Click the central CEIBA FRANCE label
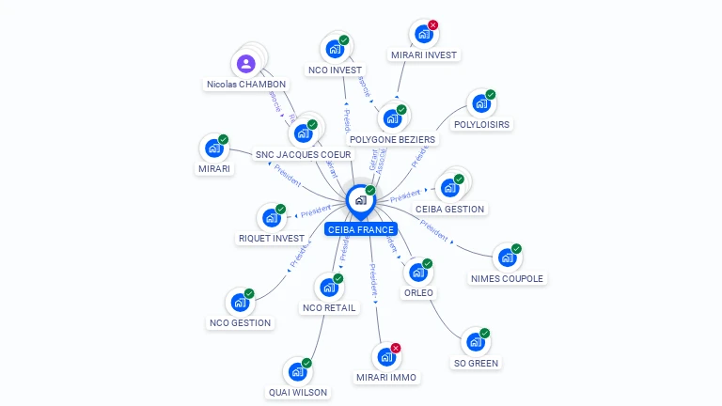360,229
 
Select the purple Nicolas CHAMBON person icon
245,64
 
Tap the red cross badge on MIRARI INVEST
432,25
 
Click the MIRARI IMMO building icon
385,357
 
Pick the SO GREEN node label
476,363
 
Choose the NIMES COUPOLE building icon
507,258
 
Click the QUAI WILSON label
298,393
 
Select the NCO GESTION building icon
239,303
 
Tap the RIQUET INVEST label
272,239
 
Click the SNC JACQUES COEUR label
303,154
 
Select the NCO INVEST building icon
334,49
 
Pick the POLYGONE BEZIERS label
392,140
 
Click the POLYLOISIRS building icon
480,103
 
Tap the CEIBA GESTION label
449,209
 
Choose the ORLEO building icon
417,273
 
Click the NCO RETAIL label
328,308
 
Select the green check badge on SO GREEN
485,333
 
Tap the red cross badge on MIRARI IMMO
395,349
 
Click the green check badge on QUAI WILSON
306,363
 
